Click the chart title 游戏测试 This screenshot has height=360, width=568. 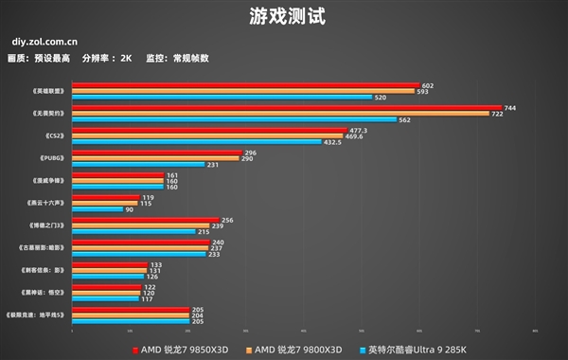click(x=283, y=16)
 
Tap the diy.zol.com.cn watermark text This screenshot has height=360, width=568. click(x=44, y=42)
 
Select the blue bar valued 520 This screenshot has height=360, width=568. click(x=222, y=97)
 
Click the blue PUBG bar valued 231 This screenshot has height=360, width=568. click(x=138, y=164)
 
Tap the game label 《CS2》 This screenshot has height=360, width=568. click(x=52, y=135)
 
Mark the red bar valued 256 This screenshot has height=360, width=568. click(x=145, y=220)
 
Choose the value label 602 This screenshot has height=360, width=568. click(x=427, y=85)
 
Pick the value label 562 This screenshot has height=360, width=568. click(x=404, y=120)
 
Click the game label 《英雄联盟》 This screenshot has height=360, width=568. click(x=46, y=91)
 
